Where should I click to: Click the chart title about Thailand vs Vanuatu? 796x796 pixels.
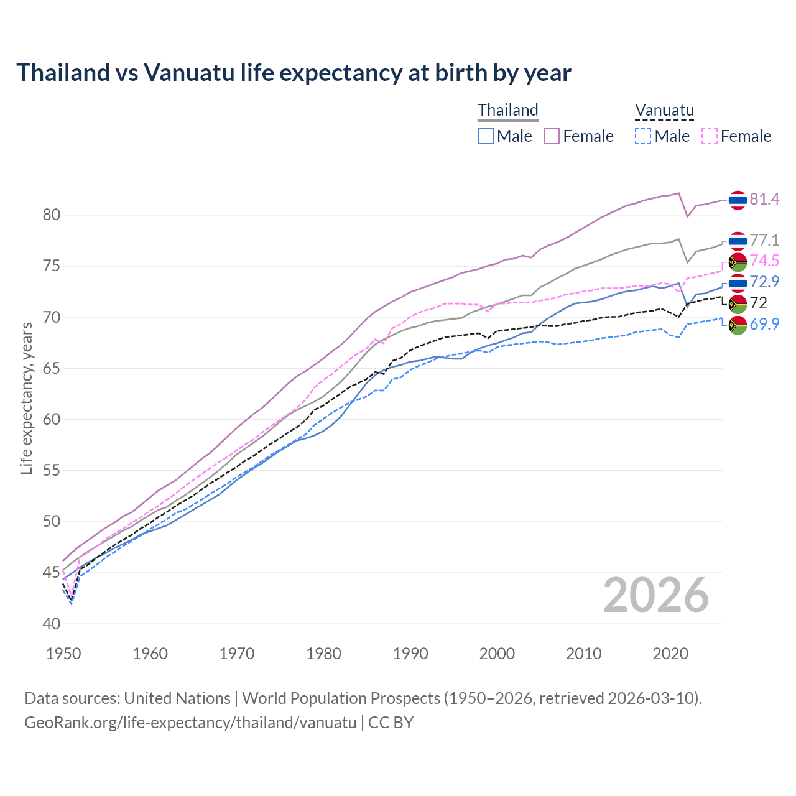coord(294,73)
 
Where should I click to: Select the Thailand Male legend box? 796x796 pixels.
coord(486,136)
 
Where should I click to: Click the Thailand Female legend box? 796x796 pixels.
coord(552,136)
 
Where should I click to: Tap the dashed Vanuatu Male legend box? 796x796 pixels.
coord(643,136)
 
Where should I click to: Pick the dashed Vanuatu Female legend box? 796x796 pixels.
coord(709,136)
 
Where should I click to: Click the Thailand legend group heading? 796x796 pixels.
coord(507,110)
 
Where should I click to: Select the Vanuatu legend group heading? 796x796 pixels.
coord(664,111)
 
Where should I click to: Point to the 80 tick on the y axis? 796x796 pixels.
coord(52,215)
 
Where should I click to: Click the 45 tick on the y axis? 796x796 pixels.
coord(52,573)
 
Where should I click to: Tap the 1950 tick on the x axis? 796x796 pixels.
coord(63,654)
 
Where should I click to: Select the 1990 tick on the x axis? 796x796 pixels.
coord(410,654)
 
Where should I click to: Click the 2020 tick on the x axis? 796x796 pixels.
coord(670,654)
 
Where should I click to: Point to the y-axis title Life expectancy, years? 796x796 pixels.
coord(26,398)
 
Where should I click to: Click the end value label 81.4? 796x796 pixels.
coord(764,199)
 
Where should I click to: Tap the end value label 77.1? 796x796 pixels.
coord(764,240)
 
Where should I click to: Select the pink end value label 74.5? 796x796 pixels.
coord(764,261)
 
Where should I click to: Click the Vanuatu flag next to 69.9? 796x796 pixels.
coord(738,325)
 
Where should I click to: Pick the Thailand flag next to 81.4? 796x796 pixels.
coord(738,200)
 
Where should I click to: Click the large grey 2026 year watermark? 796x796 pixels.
coord(655,595)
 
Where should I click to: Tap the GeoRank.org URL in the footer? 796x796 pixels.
coord(190,723)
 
